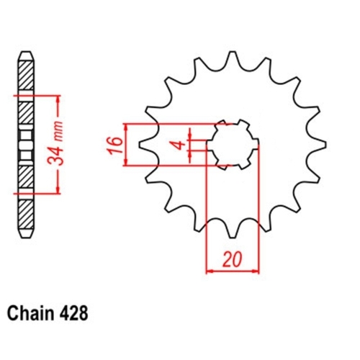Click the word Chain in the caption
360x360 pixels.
[x=30, y=315]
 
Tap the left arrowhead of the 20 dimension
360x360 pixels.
[x=210, y=271]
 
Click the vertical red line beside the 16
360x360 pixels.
[x=127, y=144]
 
